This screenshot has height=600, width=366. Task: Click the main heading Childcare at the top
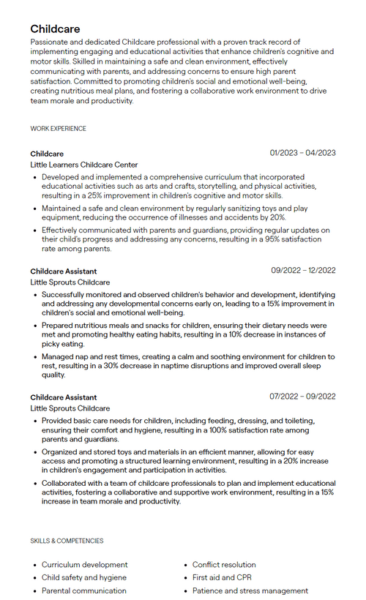tap(55, 29)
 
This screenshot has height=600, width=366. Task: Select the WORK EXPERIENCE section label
tap(58, 129)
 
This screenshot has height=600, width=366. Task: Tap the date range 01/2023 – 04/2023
tap(302, 153)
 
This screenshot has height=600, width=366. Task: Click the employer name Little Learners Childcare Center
tap(83, 165)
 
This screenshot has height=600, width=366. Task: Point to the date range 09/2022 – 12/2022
tap(303, 270)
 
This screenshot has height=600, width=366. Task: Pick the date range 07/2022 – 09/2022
tap(302, 397)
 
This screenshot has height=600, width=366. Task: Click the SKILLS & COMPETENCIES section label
tap(67, 541)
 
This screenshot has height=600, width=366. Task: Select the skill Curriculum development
tap(84, 565)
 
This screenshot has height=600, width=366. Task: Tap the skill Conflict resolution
tap(224, 565)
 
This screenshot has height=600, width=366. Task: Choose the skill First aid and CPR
tap(222, 577)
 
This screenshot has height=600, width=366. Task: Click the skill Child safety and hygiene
tap(83, 577)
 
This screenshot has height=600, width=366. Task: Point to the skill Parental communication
tap(83, 590)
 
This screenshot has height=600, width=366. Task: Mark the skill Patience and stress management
tap(250, 590)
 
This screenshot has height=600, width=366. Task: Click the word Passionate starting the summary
tap(51, 42)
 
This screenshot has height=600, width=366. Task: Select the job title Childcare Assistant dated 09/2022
tap(63, 271)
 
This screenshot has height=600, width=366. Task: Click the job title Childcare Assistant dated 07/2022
tap(63, 397)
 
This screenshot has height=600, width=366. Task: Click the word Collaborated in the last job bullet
tap(67, 484)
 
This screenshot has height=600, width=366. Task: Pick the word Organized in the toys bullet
tap(61, 452)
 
